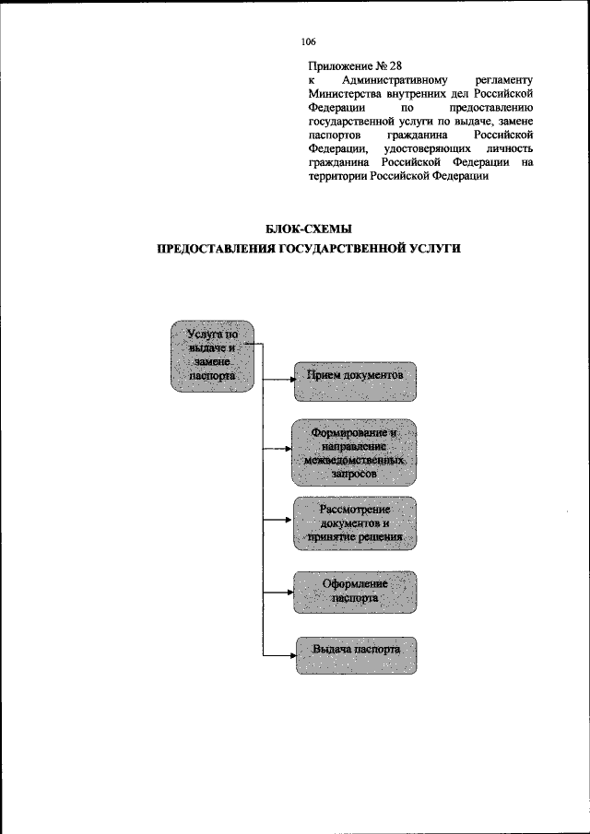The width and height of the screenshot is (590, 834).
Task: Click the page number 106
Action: [308, 42]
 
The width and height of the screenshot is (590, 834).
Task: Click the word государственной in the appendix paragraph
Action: [355, 122]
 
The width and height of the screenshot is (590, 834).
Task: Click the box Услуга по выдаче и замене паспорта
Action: [212, 356]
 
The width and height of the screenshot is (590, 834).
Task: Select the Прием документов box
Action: [355, 381]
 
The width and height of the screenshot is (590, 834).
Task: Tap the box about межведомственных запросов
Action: [355, 452]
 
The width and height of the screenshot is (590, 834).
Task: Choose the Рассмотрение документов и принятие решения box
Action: [355, 523]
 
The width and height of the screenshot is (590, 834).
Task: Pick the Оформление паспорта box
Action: [355, 593]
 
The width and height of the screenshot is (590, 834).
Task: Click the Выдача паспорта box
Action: [355, 654]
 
